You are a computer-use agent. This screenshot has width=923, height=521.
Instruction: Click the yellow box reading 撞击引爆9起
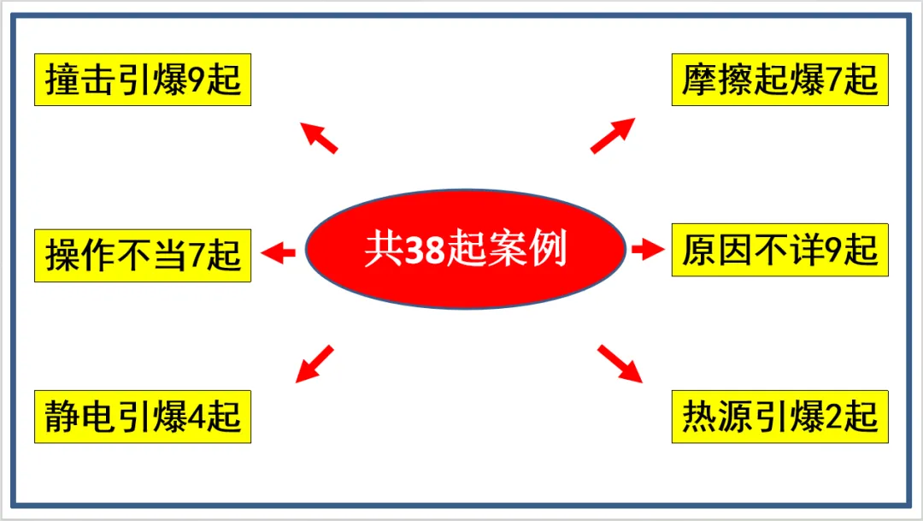143,80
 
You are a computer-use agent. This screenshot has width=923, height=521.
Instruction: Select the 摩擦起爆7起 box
779,80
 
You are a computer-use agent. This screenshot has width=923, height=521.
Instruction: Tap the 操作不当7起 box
143,254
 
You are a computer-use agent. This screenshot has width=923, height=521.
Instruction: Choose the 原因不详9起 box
779,250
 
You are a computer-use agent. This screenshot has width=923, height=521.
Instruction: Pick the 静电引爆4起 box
143,417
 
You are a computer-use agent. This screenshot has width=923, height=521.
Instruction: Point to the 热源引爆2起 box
779,417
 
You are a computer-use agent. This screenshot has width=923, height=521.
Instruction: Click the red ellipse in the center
466,249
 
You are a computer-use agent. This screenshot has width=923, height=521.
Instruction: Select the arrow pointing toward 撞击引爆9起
320,138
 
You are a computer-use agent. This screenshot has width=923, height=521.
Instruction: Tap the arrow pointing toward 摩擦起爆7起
613,135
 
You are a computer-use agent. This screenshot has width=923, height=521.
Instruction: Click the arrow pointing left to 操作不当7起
278,252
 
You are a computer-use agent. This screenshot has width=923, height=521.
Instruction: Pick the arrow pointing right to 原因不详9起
648,250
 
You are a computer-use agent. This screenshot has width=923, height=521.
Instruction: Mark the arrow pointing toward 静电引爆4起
313,364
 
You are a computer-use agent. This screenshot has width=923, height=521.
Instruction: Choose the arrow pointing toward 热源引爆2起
620,364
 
